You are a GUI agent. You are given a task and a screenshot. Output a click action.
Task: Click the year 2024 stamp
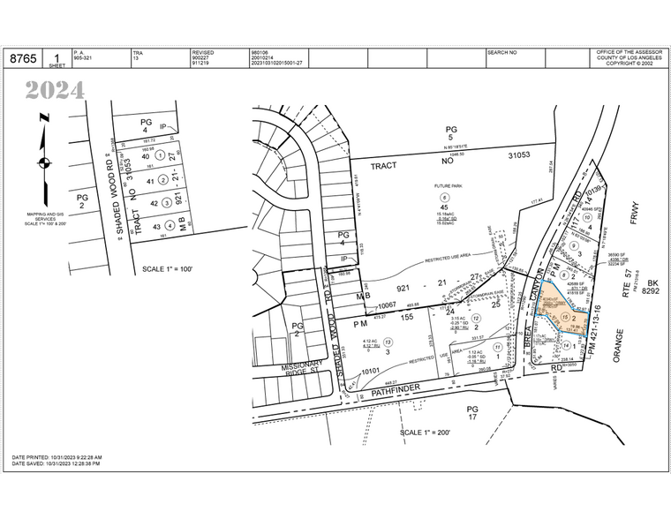tap(55, 90)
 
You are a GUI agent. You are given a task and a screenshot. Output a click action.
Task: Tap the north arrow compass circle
tap(42, 162)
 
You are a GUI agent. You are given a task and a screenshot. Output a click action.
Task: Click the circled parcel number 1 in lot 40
tap(161, 156)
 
